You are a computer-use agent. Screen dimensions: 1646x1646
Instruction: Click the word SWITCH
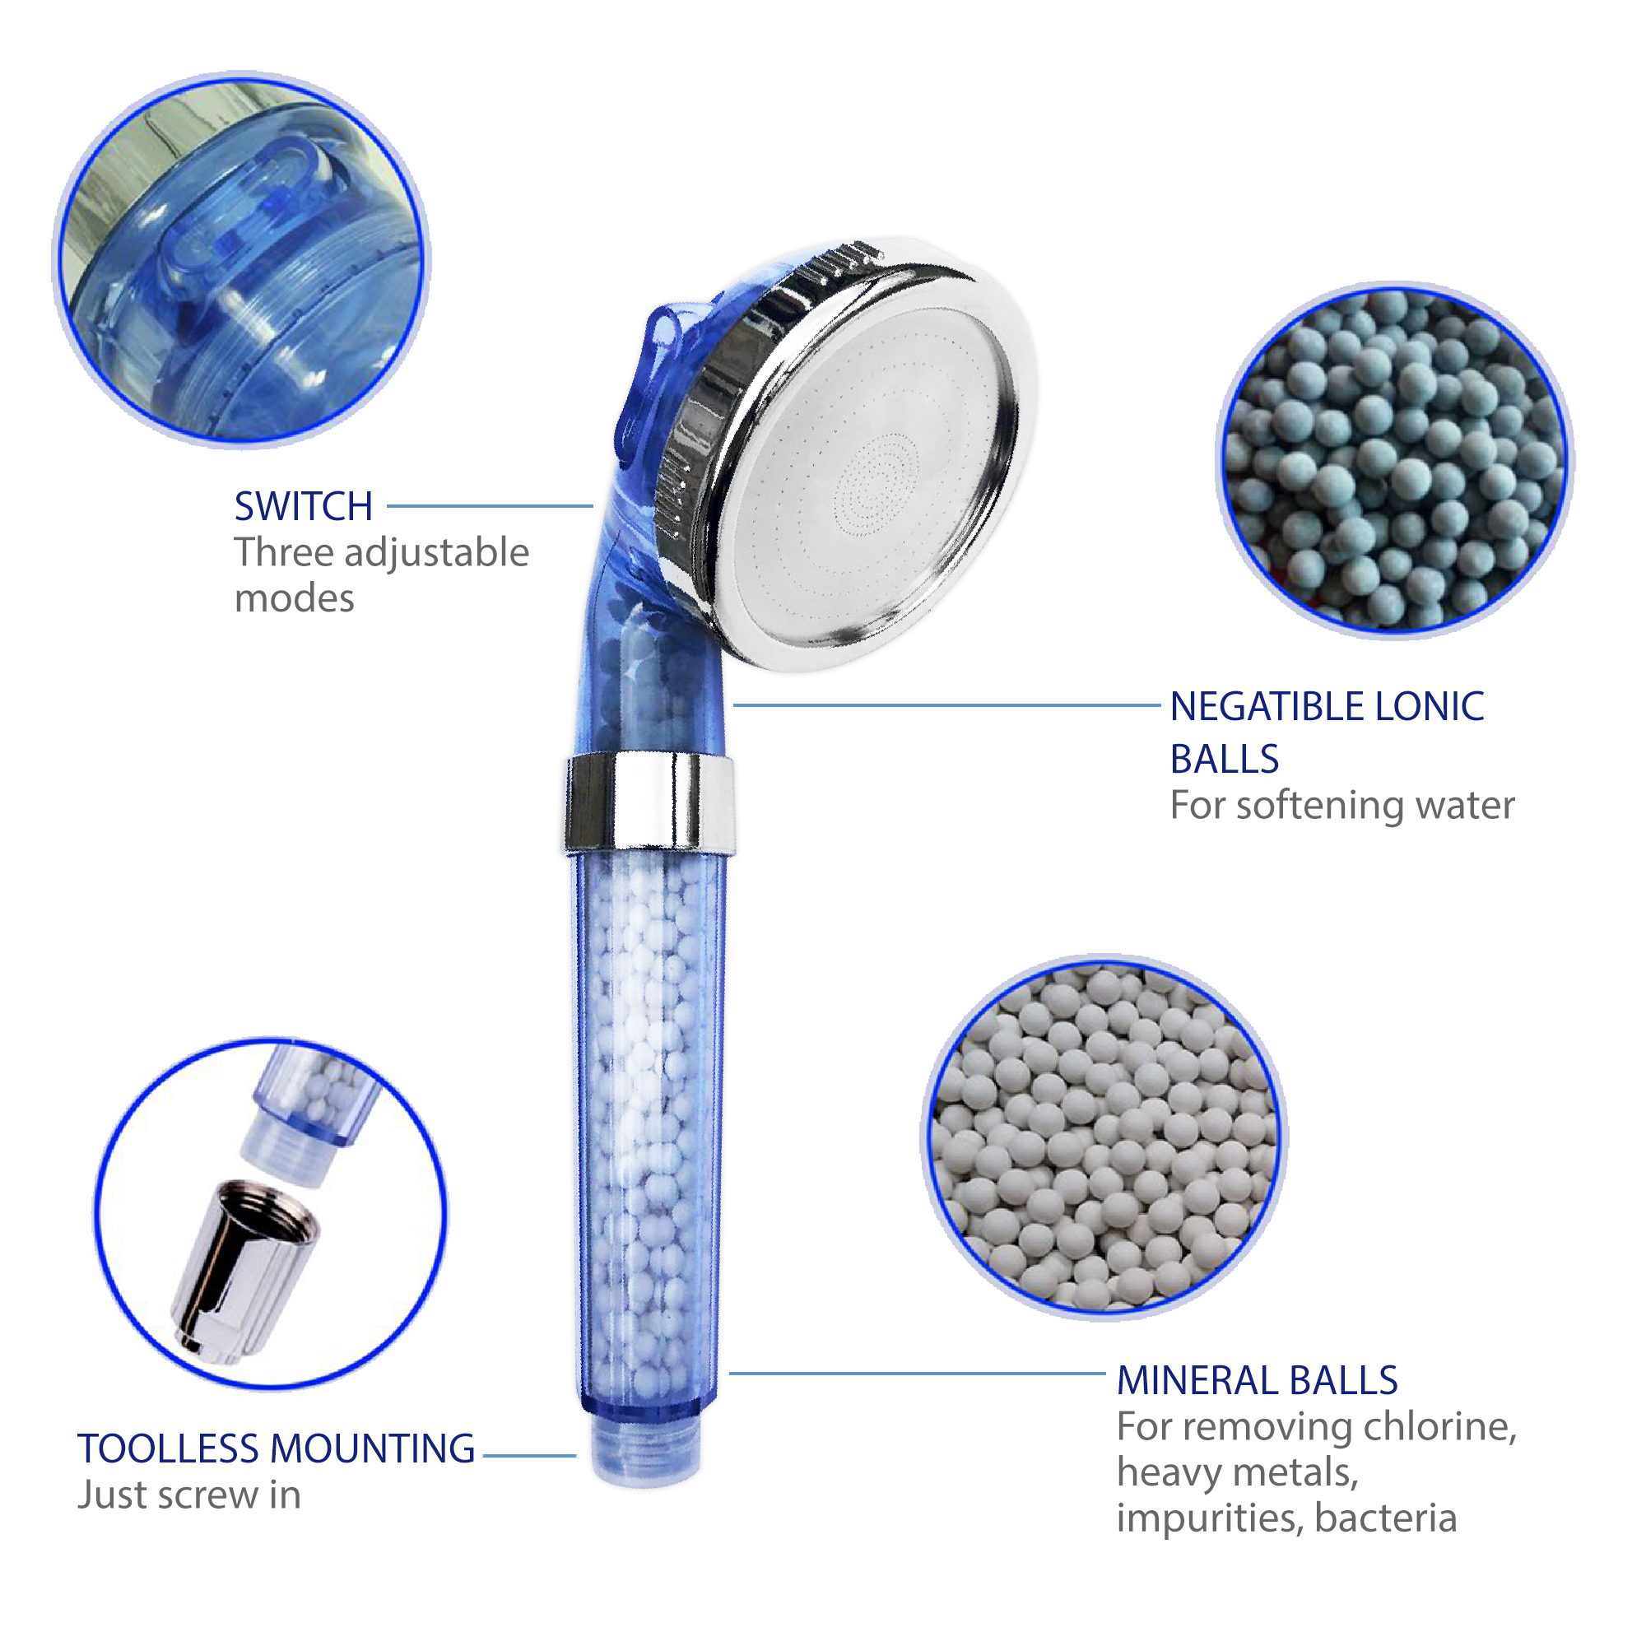point(304,507)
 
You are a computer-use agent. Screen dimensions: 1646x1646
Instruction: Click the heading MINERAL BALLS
point(1257,1381)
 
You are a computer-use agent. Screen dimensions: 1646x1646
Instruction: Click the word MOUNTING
point(372,1449)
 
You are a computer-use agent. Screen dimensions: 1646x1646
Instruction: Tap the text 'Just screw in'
point(189,1495)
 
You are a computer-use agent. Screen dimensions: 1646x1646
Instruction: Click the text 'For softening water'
point(1341,806)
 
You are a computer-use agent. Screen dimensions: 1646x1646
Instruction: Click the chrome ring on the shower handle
point(649,802)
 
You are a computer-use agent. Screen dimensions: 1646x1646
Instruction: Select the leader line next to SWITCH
point(490,506)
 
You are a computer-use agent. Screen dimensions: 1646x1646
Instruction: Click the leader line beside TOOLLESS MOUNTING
point(529,1456)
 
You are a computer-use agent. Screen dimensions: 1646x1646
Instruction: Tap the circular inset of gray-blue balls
point(1394,460)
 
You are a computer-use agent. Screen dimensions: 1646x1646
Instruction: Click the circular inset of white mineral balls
point(1104,1138)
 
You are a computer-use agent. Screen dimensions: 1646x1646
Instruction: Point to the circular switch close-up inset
point(242,259)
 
